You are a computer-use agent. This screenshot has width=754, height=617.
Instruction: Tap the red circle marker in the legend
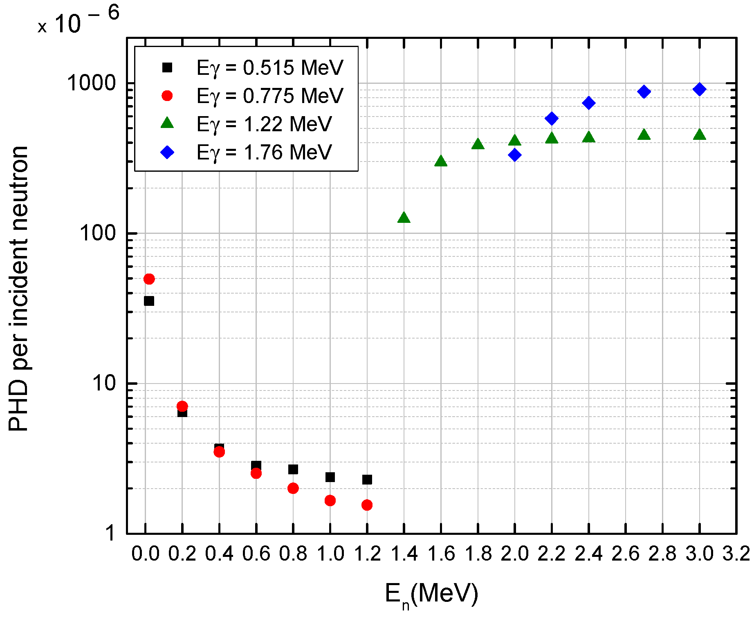pos(167,96)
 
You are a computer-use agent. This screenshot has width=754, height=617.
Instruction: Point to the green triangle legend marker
pos(167,123)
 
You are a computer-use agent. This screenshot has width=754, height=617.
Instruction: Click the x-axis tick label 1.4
pos(404,554)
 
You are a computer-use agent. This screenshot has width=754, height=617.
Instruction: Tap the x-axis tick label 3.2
pos(736,554)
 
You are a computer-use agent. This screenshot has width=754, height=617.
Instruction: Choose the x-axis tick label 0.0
pos(145,554)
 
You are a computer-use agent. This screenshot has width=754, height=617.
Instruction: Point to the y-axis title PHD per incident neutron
pos(18,288)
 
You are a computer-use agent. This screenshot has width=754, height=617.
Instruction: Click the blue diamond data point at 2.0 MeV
pos(515,155)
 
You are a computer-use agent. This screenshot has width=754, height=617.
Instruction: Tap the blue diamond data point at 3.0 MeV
pos(700,89)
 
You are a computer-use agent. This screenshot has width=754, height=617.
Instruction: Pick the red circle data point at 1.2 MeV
pos(367,505)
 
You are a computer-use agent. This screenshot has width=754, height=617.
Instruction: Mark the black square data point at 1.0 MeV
pos(330,477)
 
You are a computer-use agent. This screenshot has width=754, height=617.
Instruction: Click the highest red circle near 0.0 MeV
pos(149,279)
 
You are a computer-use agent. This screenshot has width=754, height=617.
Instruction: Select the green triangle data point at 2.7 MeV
pos(644,135)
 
